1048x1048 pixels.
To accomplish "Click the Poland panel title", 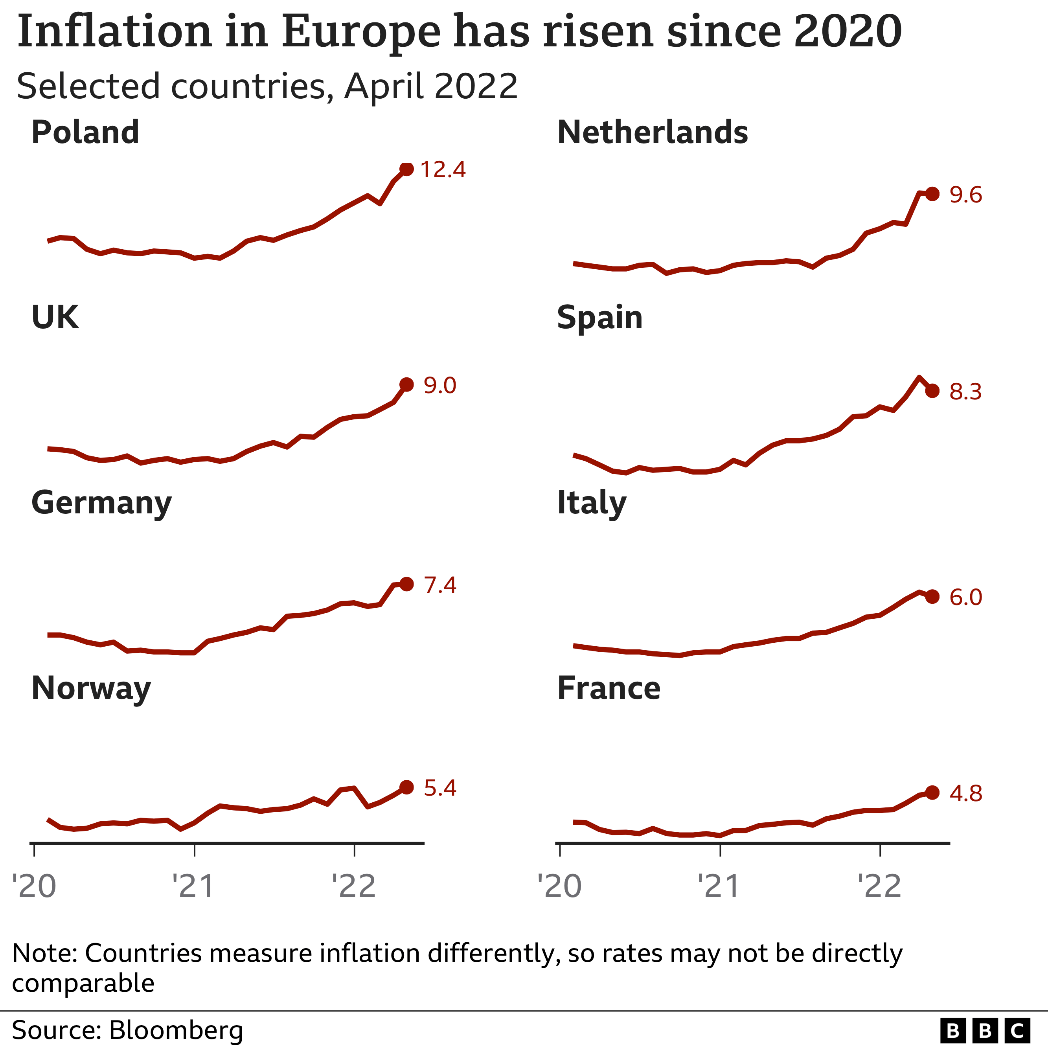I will (85, 132).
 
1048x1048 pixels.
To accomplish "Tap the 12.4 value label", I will (443, 170).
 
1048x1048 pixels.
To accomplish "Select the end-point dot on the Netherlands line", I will (932, 194).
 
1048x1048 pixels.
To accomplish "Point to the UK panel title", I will (55, 318).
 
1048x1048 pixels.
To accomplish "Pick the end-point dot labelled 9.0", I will (406, 384).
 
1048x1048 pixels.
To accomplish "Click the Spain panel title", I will (599, 318).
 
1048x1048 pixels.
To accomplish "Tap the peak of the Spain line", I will (918, 377).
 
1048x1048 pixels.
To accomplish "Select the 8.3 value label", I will (965, 392).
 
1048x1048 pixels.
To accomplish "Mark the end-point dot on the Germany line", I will (406, 584).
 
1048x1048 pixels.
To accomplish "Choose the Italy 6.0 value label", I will (965, 597).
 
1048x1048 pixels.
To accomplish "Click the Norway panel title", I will (91, 689).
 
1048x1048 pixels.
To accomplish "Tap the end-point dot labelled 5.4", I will (406, 787).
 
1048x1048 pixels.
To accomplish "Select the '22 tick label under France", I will (879, 887).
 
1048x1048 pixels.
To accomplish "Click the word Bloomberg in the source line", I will (176, 1030).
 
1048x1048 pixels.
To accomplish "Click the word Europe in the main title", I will (361, 31).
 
